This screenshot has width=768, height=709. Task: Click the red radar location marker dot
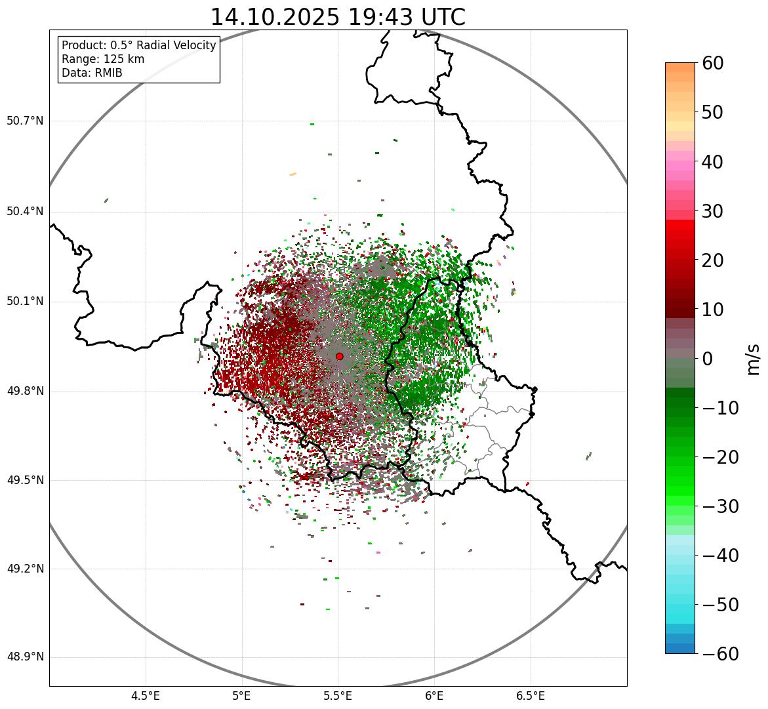tap(339, 356)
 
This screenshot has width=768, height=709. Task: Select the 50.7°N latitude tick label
tap(25, 121)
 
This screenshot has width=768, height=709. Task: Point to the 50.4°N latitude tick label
tap(25, 211)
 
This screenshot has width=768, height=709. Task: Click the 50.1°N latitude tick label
tap(25, 302)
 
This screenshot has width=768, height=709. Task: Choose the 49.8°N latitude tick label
tap(25, 392)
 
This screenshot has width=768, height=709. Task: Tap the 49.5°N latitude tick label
tap(25, 480)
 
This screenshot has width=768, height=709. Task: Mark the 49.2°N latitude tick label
tap(25, 569)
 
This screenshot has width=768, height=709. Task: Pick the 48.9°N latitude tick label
tap(25, 657)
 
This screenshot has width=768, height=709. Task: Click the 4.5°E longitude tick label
tap(146, 696)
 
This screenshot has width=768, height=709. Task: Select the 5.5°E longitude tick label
tap(338, 696)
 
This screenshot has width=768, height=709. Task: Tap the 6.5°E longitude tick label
tap(531, 696)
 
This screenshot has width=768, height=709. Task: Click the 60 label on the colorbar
tap(713, 63)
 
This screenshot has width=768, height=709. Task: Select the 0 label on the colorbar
tap(707, 359)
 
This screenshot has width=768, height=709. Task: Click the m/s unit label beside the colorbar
tap(754, 359)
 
